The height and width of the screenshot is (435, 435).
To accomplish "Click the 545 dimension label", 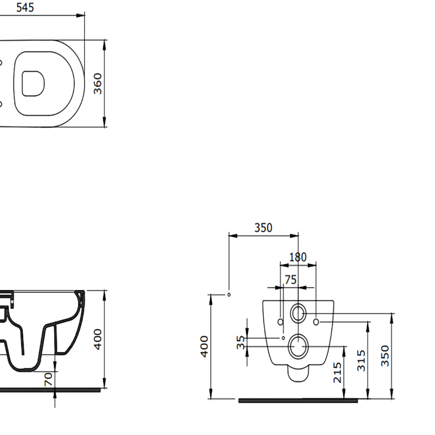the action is coord(25,7).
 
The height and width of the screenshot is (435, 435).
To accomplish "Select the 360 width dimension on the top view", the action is coord(98,84).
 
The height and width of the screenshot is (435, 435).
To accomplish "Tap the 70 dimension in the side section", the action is coord(48,379).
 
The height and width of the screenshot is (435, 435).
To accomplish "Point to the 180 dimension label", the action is coord(298,257).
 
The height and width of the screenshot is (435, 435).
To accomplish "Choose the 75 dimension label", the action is coord(290,280).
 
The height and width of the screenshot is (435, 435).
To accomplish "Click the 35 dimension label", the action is coord(241,342).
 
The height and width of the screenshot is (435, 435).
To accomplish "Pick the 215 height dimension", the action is coord(337,372).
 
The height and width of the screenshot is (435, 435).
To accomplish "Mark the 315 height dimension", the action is coord(361,361).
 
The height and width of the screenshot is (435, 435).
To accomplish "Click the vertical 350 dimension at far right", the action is coord(385,356).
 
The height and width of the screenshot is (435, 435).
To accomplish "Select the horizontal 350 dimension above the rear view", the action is coord(263,228).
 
